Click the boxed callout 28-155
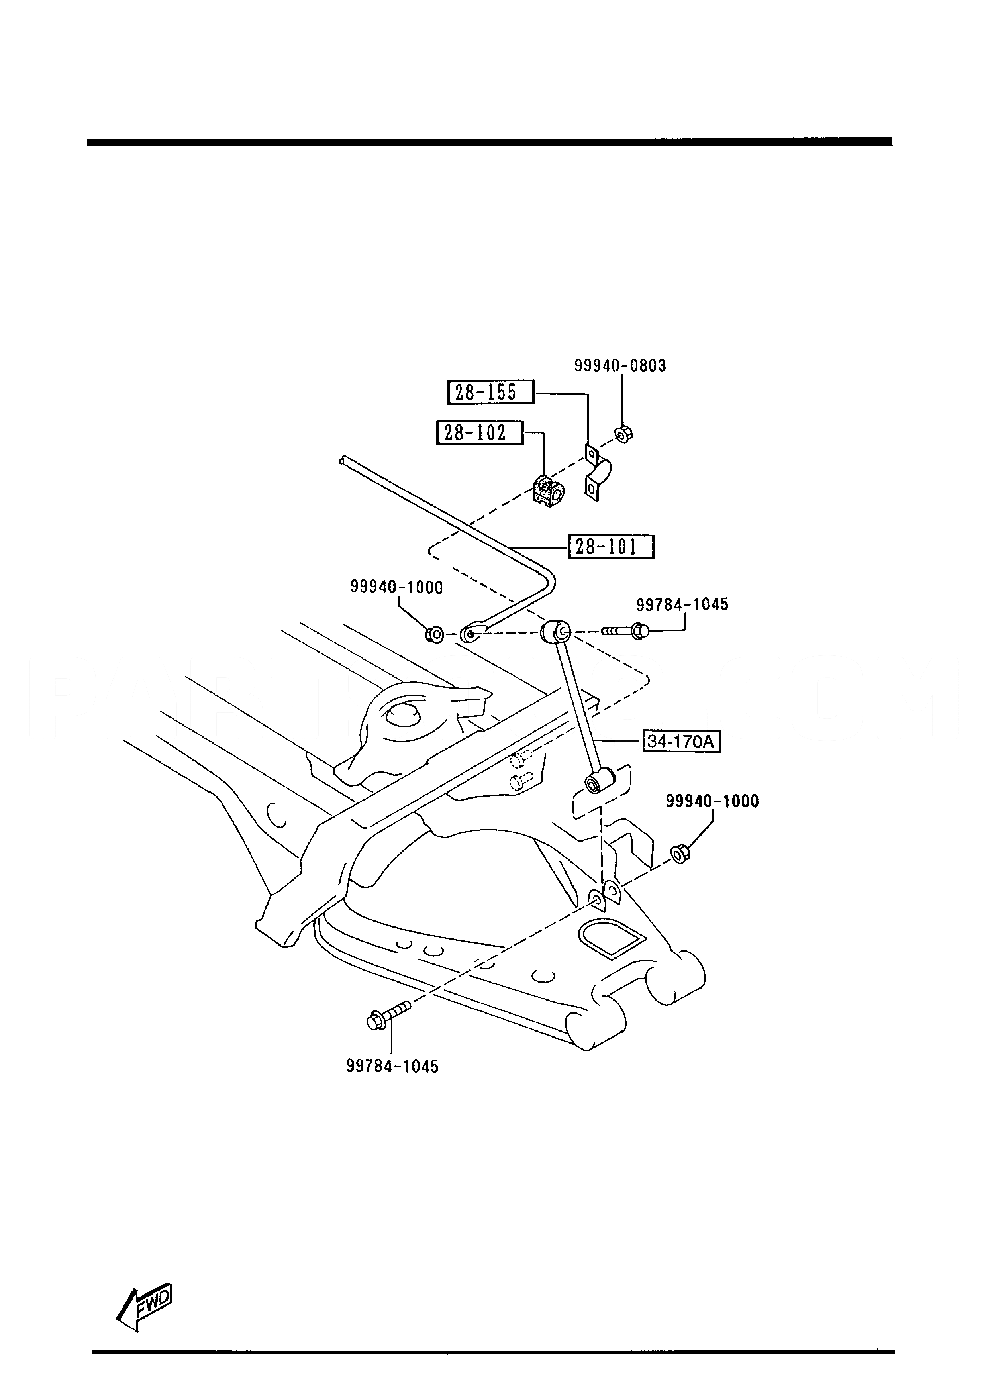point(490,392)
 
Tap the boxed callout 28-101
point(611,546)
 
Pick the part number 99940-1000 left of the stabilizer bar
point(397,587)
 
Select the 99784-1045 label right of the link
point(682,604)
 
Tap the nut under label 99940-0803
point(623,434)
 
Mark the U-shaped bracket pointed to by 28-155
point(598,472)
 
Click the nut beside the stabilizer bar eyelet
point(434,635)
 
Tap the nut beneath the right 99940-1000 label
point(680,854)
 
